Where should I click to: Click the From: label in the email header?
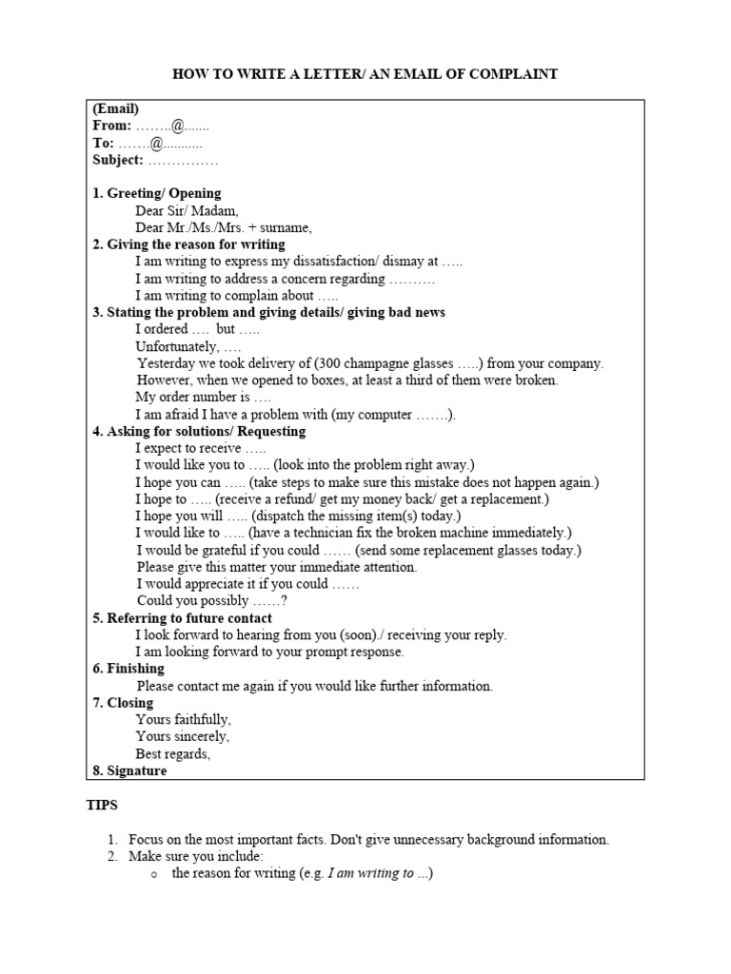112,126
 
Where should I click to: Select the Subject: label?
118,160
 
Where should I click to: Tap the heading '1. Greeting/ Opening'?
157,193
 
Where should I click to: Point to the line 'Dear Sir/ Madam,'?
188,210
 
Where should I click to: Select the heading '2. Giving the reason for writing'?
188,244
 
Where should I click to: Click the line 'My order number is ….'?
203,397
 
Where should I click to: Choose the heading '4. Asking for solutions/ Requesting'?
199,431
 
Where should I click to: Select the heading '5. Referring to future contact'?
182,618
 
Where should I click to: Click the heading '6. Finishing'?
128,669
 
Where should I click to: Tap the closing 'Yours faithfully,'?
184,720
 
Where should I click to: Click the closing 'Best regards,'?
173,754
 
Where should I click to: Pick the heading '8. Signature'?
129,771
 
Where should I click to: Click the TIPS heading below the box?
103,805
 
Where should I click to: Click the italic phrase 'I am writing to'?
371,874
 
